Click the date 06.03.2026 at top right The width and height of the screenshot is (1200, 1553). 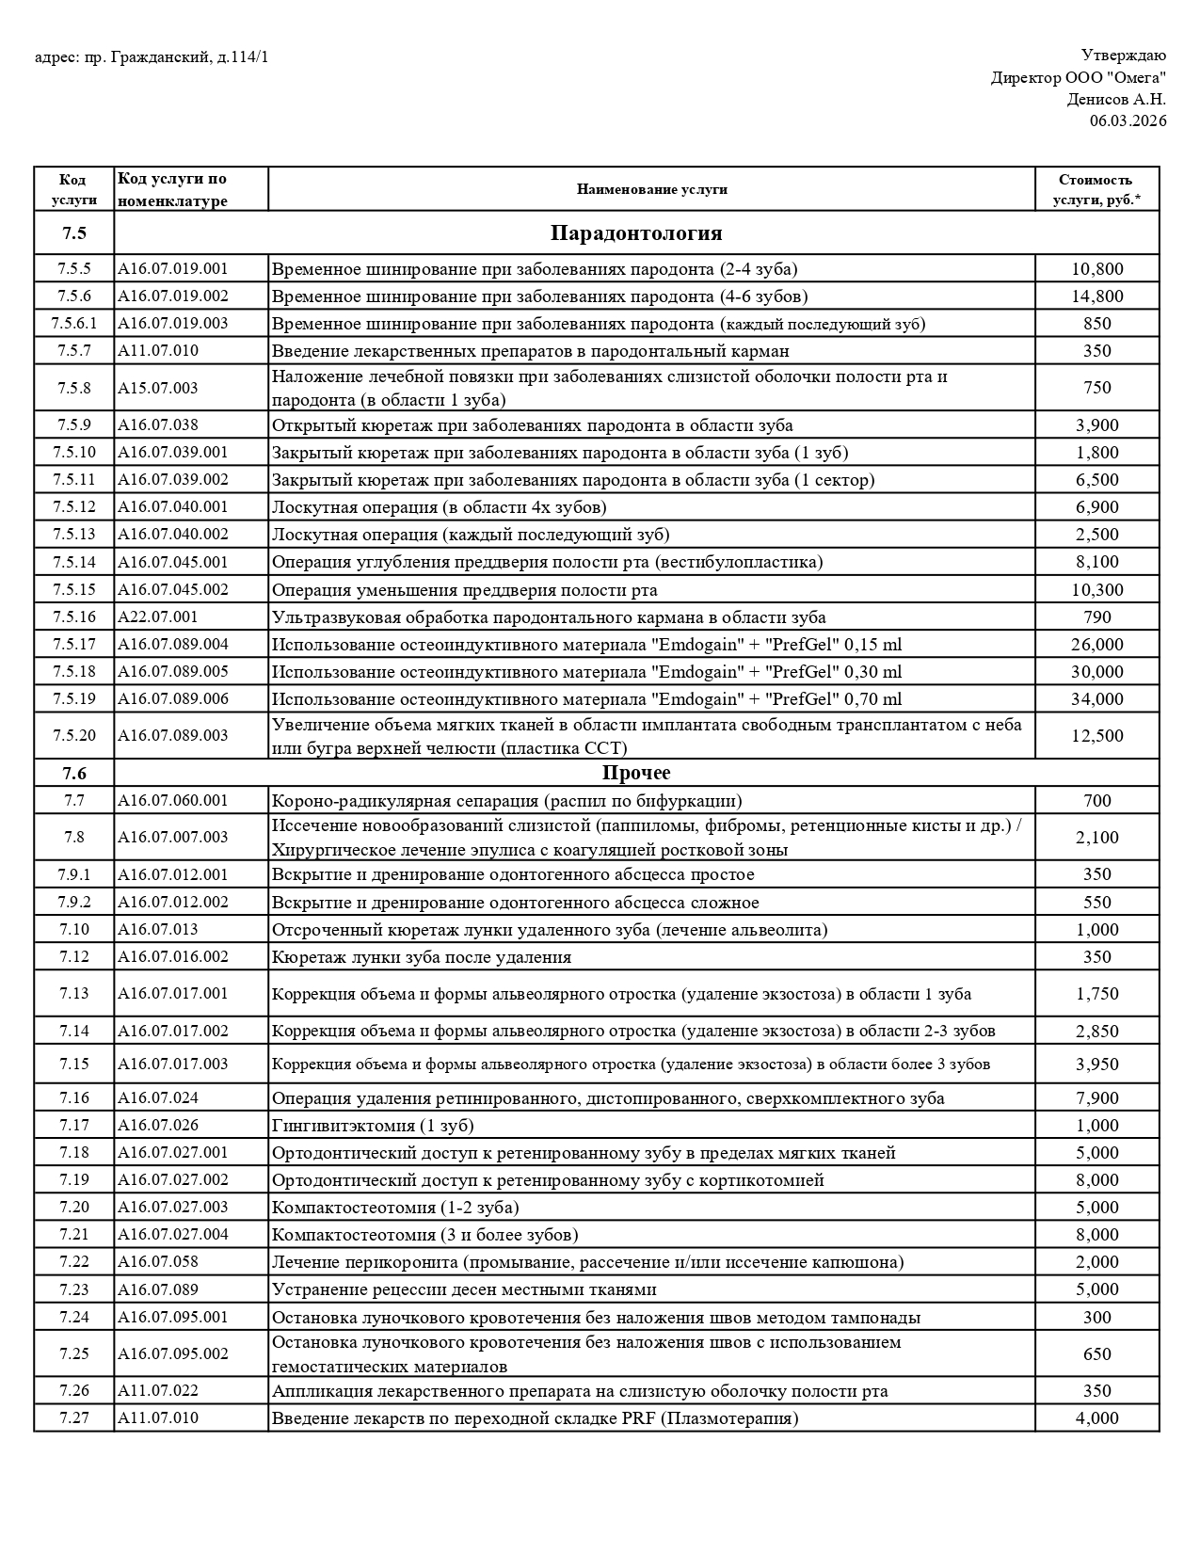pos(1128,120)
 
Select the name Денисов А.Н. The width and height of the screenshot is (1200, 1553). pos(1115,99)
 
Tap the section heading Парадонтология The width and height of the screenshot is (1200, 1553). pos(636,232)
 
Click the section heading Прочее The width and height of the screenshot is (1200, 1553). pos(636,773)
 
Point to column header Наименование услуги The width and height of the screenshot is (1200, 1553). pos(651,189)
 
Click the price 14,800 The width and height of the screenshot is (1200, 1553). pos(1096,296)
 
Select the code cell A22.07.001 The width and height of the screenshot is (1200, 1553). pos(158,617)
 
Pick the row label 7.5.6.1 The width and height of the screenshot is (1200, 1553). pos(73,324)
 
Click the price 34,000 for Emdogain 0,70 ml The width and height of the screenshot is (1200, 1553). pos(1096,699)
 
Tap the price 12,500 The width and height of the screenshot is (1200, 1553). pos(1096,736)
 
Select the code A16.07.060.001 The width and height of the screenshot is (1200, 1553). pos(172,801)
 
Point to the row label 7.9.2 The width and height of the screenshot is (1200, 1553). pos(73,903)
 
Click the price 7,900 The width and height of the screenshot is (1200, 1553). pos(1096,1098)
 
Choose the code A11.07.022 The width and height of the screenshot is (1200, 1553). pos(158,1391)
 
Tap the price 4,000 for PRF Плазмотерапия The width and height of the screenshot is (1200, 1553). pos(1096,1418)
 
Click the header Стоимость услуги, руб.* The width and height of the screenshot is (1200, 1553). pos(1096,189)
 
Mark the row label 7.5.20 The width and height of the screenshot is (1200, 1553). pos(73,736)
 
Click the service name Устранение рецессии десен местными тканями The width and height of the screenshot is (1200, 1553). pos(464,1289)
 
